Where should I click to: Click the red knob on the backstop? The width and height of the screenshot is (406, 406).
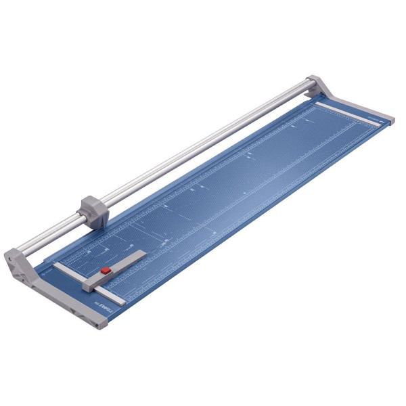point(106,271)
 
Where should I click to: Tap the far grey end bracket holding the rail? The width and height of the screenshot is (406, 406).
point(318,87)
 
